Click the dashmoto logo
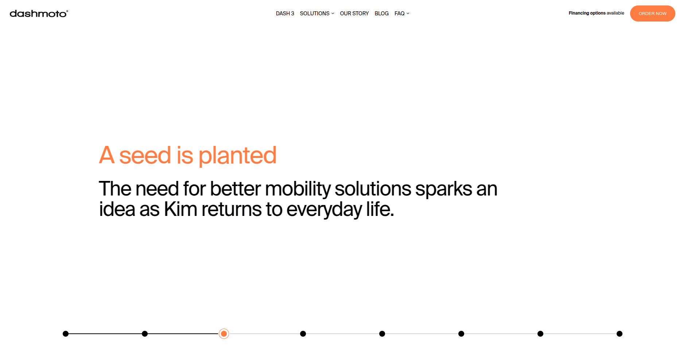pos(39,13)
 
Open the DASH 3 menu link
pos(285,13)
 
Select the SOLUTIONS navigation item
pos(315,13)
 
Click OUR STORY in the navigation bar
pos(354,13)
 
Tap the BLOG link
pos(381,13)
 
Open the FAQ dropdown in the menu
pos(402,13)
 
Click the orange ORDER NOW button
pos(652,13)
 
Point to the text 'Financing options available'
pos(596,13)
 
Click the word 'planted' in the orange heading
pos(237,156)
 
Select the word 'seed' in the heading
pos(145,155)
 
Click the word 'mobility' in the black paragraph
pos(298,189)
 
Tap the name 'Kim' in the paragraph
pos(181,209)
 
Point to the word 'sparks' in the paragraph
pos(443,189)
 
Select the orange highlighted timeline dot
pos(224,334)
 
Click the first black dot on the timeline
pos(66,334)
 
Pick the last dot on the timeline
pos(620,334)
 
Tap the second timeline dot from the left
pos(145,334)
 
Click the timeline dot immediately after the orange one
pos(303,334)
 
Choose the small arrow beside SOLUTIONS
pos(333,13)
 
